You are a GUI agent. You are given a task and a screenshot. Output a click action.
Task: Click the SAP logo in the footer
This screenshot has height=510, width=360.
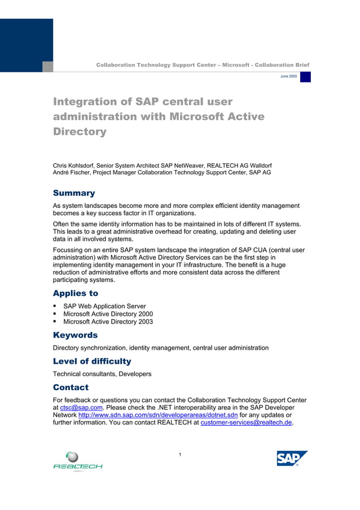tap(292, 458)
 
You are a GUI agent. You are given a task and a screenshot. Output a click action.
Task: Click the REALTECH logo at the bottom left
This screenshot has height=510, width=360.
tap(78, 461)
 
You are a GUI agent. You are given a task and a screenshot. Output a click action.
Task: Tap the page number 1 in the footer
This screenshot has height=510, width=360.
tap(179, 455)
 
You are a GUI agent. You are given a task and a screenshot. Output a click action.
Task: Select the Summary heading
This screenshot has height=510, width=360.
tap(74, 193)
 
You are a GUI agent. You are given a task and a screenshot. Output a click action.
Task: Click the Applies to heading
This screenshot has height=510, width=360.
tap(75, 293)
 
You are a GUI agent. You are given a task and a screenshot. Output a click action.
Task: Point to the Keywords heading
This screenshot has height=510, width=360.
tap(75, 335)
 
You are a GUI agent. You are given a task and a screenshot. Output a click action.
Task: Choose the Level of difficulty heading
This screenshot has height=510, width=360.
tap(91, 361)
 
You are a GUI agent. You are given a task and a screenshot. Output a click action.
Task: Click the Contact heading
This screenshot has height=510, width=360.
tap(71, 387)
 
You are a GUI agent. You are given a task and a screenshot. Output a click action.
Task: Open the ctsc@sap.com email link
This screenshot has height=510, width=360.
tap(81, 407)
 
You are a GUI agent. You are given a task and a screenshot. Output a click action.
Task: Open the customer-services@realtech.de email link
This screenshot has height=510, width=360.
tap(247, 422)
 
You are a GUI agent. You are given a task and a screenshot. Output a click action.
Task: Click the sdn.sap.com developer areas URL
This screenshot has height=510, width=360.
tap(158, 415)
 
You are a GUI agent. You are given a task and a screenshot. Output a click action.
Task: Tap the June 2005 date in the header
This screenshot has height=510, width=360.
tap(288, 76)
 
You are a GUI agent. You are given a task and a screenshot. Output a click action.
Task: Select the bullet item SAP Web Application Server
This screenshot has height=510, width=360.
tap(104, 306)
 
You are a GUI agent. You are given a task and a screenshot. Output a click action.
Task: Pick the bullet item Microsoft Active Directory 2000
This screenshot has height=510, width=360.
tap(108, 314)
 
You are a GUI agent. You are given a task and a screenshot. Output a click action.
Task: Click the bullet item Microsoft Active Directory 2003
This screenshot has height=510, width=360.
tap(108, 322)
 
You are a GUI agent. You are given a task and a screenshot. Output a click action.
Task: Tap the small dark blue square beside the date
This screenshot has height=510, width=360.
tap(305, 77)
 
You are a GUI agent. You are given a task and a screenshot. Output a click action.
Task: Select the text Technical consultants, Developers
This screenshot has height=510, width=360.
tap(102, 374)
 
